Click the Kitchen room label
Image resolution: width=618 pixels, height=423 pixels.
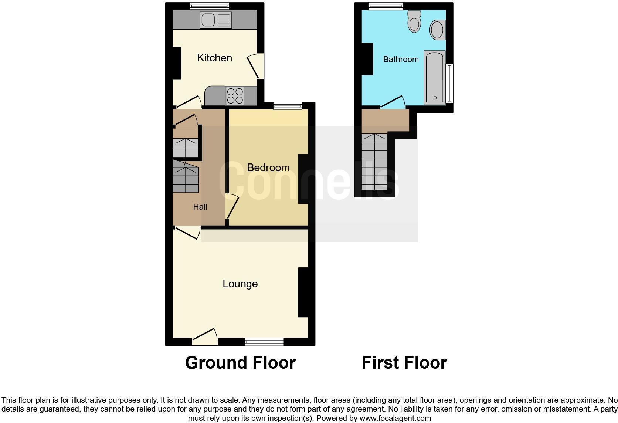pyautogui.click(x=214, y=58)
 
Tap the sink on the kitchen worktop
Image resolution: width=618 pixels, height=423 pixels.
pyautogui.click(x=215, y=20)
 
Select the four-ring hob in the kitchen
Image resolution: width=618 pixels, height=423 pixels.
pyautogui.click(x=235, y=95)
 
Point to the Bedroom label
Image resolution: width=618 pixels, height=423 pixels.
pyautogui.click(x=268, y=167)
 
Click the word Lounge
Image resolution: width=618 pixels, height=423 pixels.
pyautogui.click(x=240, y=284)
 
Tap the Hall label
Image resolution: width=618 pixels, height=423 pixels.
pyautogui.click(x=200, y=207)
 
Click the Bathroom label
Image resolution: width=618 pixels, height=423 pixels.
pyautogui.click(x=401, y=59)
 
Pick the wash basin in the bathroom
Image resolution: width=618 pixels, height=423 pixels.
pyautogui.click(x=437, y=30)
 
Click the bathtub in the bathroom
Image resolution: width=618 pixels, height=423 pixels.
pyautogui.click(x=434, y=78)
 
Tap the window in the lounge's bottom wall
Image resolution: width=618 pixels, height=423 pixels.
pyautogui.click(x=264, y=342)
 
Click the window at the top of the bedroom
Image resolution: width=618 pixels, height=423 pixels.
pyautogui.click(x=288, y=106)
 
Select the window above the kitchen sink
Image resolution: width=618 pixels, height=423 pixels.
pyautogui.click(x=209, y=6)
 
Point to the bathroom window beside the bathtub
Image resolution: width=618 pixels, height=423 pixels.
pyautogui.click(x=449, y=83)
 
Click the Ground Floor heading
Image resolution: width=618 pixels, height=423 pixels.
pyautogui.click(x=240, y=363)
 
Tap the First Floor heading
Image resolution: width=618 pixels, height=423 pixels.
pyautogui.click(x=404, y=363)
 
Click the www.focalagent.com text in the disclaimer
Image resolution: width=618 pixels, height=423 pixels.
pyautogui.click(x=395, y=418)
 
